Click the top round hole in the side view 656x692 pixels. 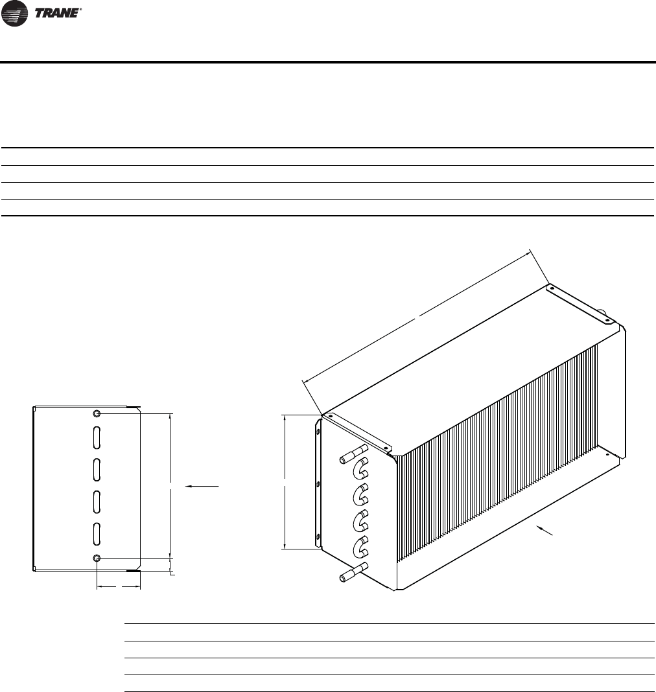pyautogui.click(x=97, y=413)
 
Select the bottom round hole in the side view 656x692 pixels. pyautogui.click(x=97, y=559)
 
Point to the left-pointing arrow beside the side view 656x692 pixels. pyautogui.click(x=202, y=485)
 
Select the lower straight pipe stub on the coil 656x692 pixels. pyautogui.click(x=354, y=572)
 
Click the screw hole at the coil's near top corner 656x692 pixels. pyautogui.click(x=329, y=416)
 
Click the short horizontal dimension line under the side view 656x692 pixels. pyautogui.click(x=119, y=588)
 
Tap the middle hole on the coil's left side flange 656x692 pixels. pyautogui.click(x=318, y=484)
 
